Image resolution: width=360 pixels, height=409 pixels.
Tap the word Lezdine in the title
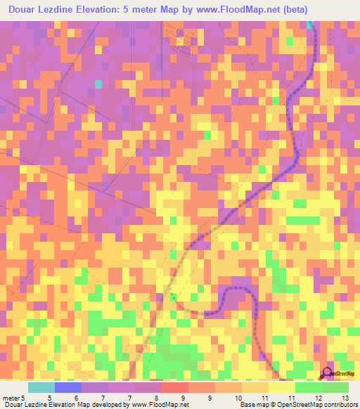click(64, 10)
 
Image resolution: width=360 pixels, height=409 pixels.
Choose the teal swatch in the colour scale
click(41, 387)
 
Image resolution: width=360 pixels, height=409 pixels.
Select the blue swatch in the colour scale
click(67, 387)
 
